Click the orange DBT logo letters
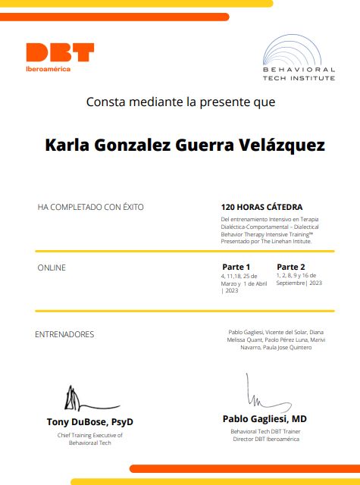point(60,52)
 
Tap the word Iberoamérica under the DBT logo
point(49,69)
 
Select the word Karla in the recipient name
point(67,145)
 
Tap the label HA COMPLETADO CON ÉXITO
point(90,206)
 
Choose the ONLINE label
point(52,268)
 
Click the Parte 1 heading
point(236,267)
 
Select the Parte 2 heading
point(291,267)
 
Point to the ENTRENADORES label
point(64,334)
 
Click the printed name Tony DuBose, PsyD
point(90,421)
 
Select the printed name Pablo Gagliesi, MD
point(265,418)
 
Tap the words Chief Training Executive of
point(90,435)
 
